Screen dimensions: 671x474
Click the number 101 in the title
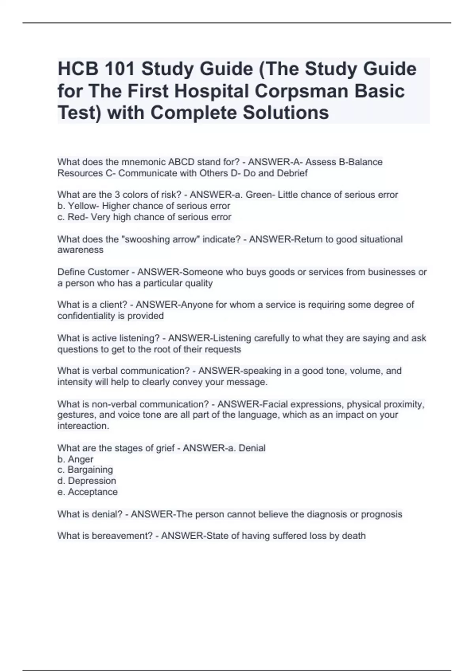pyautogui.click(x=119, y=69)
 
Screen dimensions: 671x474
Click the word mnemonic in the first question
pyautogui.click(x=144, y=162)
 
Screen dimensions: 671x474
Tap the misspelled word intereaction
pyautogui.click(x=83, y=426)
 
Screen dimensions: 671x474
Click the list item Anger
pyautogui.click(x=81, y=459)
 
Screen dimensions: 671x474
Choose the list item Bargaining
pyautogui.click(x=90, y=470)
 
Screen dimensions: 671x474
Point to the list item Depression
pyautogui.click(x=92, y=481)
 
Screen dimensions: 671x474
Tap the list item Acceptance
pyautogui.click(x=93, y=492)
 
